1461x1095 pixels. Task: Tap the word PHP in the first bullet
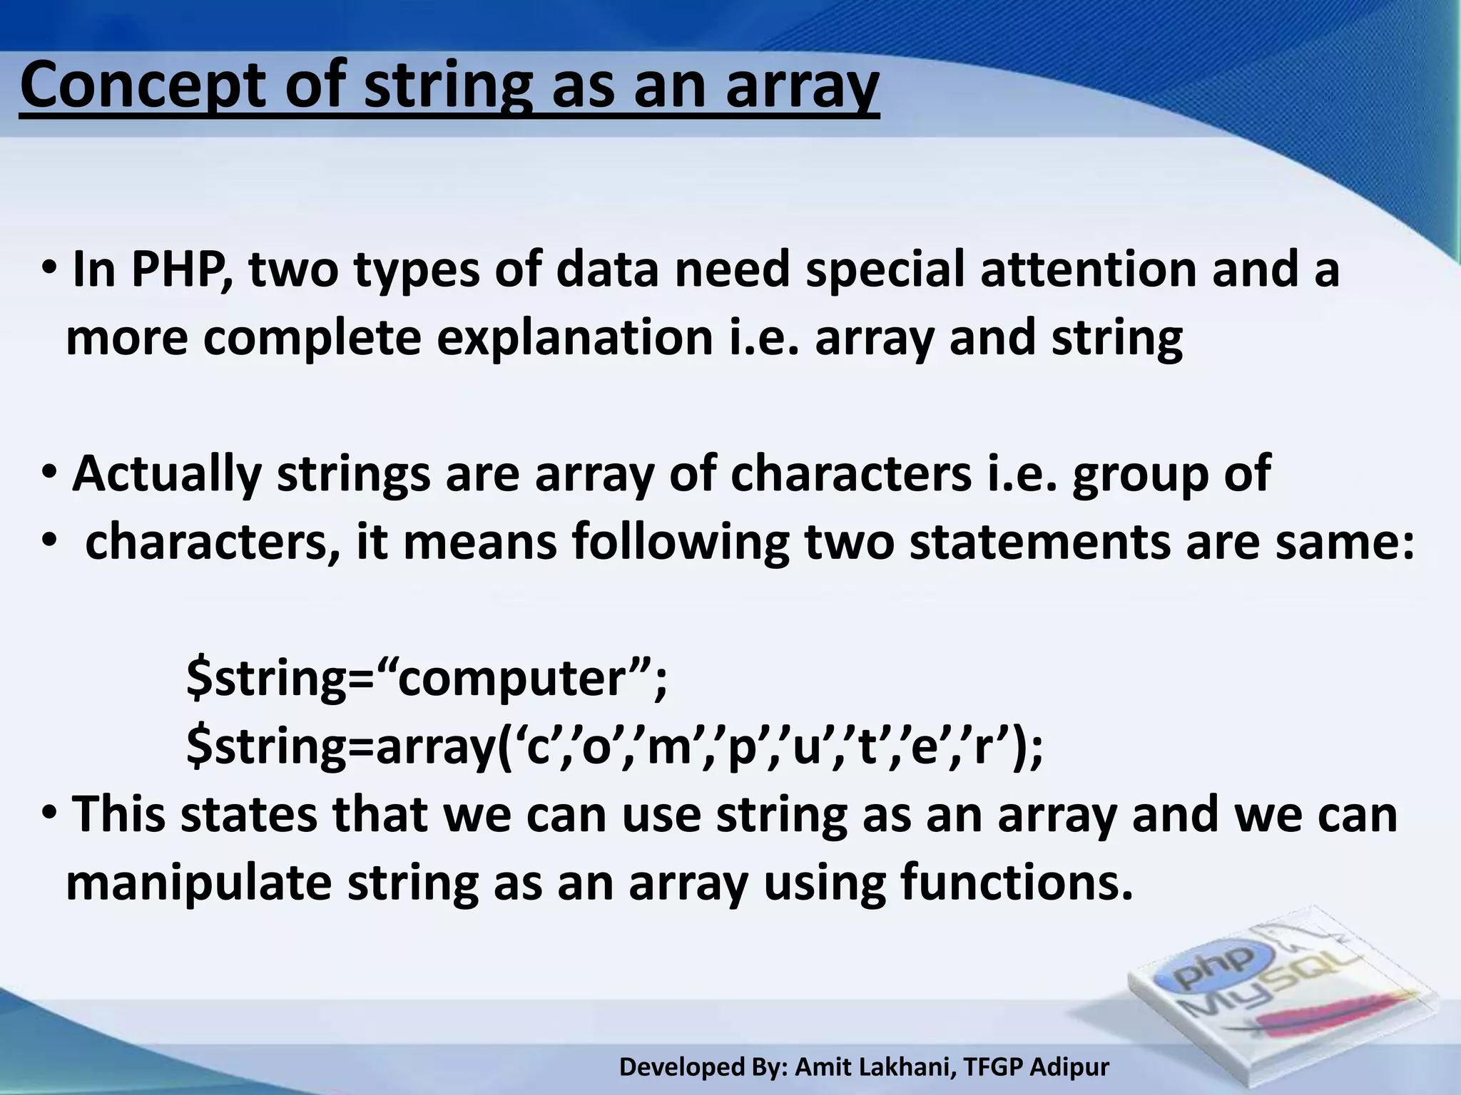(181, 271)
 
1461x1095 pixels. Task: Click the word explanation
(575, 339)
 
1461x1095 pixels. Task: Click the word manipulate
(199, 883)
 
